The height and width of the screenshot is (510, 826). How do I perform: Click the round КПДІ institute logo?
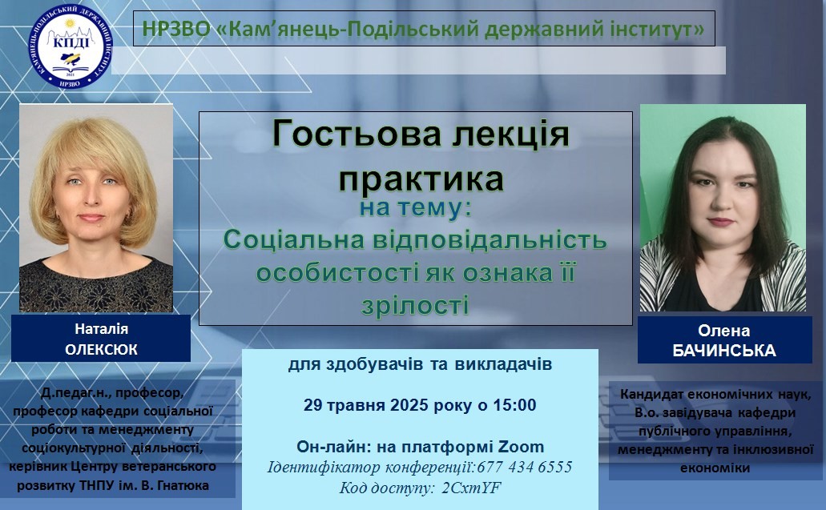coord(70,46)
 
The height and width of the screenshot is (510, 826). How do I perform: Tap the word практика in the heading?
coord(421,179)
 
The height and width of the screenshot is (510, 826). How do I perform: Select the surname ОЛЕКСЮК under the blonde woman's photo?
coord(101,349)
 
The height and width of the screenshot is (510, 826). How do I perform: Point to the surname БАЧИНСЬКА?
coord(723,351)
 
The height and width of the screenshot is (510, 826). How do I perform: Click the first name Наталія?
coord(101,329)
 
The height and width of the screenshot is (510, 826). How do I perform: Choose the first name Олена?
coord(723,331)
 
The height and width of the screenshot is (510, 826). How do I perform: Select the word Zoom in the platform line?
coord(521,447)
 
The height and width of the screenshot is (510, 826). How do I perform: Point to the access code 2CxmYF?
coord(471,488)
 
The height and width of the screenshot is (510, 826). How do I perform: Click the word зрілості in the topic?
coord(415,305)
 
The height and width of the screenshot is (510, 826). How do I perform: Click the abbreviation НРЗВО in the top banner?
coord(176,28)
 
